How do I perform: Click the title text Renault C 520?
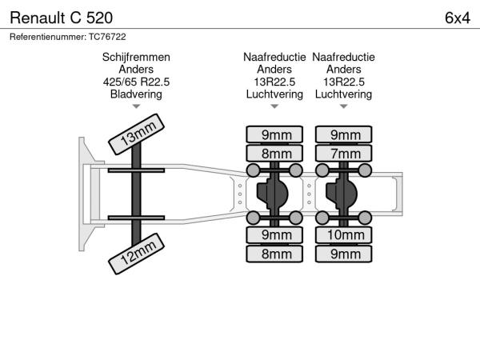pyautogui.click(x=61, y=16)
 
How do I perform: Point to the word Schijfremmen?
pyautogui.click(x=136, y=58)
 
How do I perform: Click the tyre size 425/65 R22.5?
pyautogui.click(x=136, y=82)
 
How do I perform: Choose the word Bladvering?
pyautogui.click(x=136, y=94)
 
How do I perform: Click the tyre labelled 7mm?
pyautogui.click(x=345, y=153)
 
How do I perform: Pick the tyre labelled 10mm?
pyautogui.click(x=345, y=235)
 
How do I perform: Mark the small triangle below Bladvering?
pyautogui.click(x=136, y=106)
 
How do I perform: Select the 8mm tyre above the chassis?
pyautogui.click(x=274, y=153)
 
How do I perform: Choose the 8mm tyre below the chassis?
pyautogui.click(x=274, y=254)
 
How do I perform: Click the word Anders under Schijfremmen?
pyautogui.click(x=136, y=70)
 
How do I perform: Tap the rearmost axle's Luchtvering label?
pyautogui.click(x=344, y=94)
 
